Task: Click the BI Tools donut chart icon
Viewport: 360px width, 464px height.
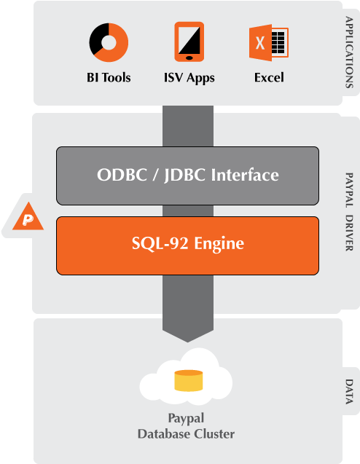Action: point(109,42)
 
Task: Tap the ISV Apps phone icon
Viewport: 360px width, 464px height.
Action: point(189,42)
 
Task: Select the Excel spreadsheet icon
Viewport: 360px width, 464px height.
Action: point(268,42)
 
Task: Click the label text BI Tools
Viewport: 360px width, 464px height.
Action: point(109,77)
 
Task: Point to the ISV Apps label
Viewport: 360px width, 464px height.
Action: point(189,77)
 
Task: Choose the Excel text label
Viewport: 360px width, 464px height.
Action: point(269,77)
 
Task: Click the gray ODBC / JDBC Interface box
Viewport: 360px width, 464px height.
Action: point(187,175)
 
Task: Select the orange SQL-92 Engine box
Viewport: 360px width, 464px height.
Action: point(187,245)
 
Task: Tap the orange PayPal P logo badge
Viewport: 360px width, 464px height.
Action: point(28,217)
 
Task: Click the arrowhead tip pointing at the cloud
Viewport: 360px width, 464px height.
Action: point(187,339)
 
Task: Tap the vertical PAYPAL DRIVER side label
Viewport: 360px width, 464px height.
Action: point(349,213)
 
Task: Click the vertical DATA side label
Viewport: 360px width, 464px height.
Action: point(349,392)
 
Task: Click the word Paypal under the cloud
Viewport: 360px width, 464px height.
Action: point(187,419)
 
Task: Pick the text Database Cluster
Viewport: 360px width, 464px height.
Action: point(187,434)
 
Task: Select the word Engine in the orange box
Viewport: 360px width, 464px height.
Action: point(222,245)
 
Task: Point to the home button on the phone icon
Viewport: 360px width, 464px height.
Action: point(189,56)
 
